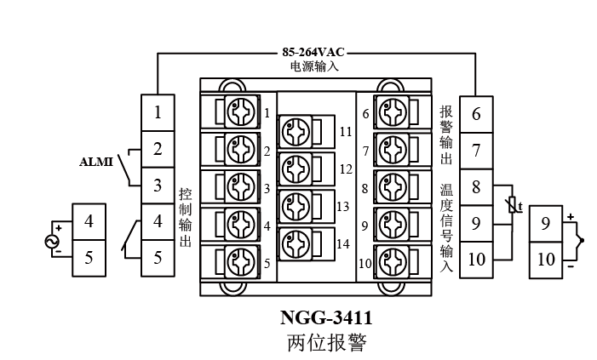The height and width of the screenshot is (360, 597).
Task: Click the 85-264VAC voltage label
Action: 313,51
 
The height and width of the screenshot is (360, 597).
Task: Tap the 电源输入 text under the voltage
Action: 313,66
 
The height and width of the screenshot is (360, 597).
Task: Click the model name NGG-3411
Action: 326,318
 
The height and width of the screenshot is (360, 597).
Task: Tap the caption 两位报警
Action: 326,343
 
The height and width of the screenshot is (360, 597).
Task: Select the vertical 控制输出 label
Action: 185,217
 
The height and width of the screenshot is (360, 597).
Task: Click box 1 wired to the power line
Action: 158,112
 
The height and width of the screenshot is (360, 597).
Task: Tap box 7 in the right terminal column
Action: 476,151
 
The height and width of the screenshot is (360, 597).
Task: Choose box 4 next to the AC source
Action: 89,222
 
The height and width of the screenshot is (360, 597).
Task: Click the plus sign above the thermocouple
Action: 571,218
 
